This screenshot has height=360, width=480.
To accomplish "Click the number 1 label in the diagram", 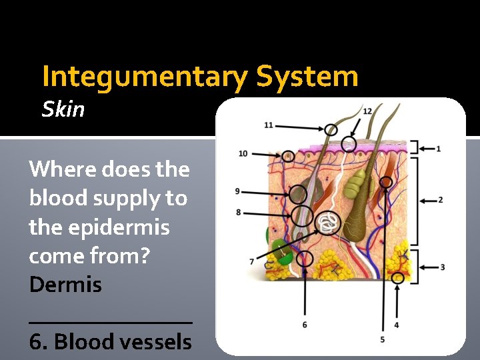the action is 438,149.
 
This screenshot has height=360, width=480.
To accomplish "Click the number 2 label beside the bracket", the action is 441,200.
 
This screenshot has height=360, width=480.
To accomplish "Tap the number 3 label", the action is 443,267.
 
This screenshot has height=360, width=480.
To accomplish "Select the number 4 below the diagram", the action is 397,325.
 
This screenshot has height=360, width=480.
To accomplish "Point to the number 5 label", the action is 382,339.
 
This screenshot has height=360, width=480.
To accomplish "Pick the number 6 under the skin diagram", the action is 305,325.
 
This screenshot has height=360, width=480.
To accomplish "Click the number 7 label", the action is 251,261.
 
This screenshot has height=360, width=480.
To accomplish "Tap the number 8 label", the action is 238,212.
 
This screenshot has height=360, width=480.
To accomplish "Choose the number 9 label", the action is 237,191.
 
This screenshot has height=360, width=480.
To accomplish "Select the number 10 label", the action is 243,154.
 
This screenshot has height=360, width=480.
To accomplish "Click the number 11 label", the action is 268,125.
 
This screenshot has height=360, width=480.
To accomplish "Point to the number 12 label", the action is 367,110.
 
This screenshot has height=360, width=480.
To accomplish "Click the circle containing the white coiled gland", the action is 327,222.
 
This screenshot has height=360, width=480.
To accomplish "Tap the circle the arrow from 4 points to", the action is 397,278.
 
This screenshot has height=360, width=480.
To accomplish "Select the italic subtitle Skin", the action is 63,109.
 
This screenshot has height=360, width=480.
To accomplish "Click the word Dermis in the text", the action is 65,285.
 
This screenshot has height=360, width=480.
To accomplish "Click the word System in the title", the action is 307,77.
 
